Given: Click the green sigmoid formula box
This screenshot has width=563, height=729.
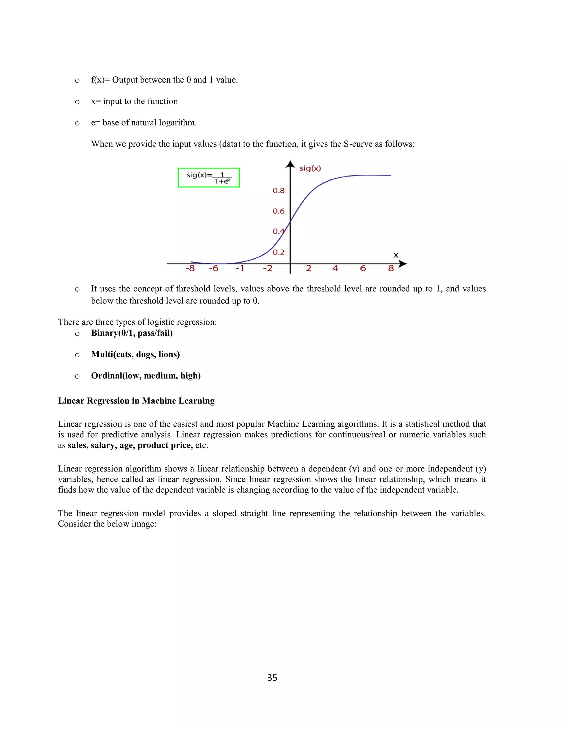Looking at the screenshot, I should [209, 178].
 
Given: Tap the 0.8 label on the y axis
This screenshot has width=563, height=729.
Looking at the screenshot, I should [278, 191].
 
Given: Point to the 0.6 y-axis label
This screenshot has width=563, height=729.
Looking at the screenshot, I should [278, 211].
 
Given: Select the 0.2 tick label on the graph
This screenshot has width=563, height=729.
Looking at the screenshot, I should [278, 252].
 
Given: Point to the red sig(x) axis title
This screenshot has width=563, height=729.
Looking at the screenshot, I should [310, 168].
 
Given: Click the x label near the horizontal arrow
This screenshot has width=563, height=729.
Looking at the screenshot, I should [396, 255].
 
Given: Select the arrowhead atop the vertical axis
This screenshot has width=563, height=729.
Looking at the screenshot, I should [290, 164].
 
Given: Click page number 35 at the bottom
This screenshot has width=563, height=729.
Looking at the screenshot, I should [272, 678].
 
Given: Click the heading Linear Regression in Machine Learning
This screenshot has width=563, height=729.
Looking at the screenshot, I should [136, 401].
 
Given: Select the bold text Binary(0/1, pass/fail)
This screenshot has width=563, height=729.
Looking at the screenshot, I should [132, 333].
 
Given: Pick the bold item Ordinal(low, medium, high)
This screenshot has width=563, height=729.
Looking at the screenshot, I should [146, 376].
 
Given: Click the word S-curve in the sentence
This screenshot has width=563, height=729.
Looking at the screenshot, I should [358, 144].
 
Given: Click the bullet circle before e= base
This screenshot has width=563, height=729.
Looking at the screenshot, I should [77, 123].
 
